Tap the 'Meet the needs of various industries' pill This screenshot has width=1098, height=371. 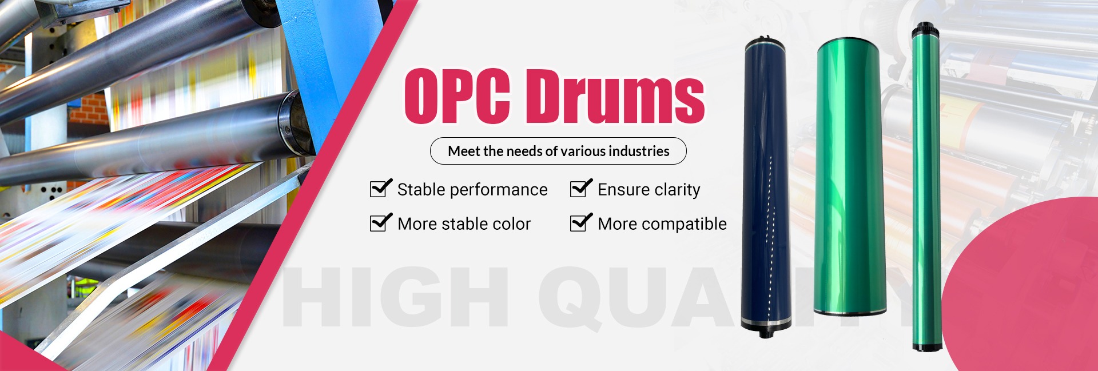(558, 151)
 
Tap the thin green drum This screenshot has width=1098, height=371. (926, 186)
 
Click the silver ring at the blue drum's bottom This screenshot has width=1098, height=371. (766, 321)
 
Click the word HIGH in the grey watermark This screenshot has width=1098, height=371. (395, 297)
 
